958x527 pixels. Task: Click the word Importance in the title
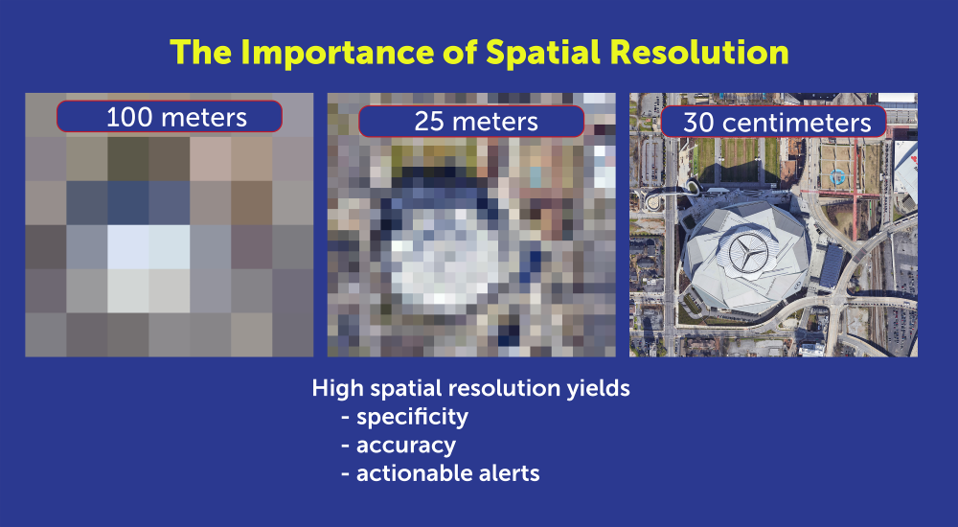click(x=325, y=53)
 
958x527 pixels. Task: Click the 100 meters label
click(x=170, y=117)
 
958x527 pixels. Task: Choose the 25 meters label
click(x=470, y=122)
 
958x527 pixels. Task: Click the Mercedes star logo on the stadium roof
click(x=750, y=254)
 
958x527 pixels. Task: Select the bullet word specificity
click(x=412, y=417)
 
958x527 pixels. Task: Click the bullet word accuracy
click(x=405, y=445)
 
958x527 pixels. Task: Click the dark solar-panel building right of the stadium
click(x=831, y=263)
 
